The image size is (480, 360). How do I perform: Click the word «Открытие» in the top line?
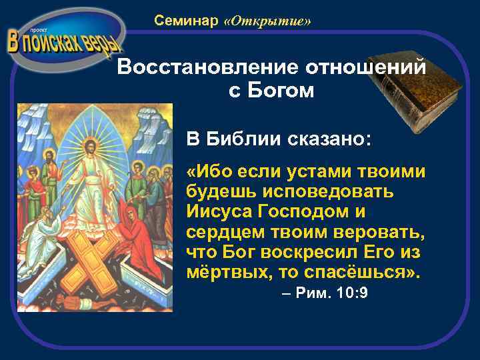click(x=268, y=22)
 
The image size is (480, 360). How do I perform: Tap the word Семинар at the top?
click(x=186, y=21)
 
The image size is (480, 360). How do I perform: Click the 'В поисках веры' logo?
click(x=65, y=40)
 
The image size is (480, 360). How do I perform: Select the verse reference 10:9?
click(x=350, y=295)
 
